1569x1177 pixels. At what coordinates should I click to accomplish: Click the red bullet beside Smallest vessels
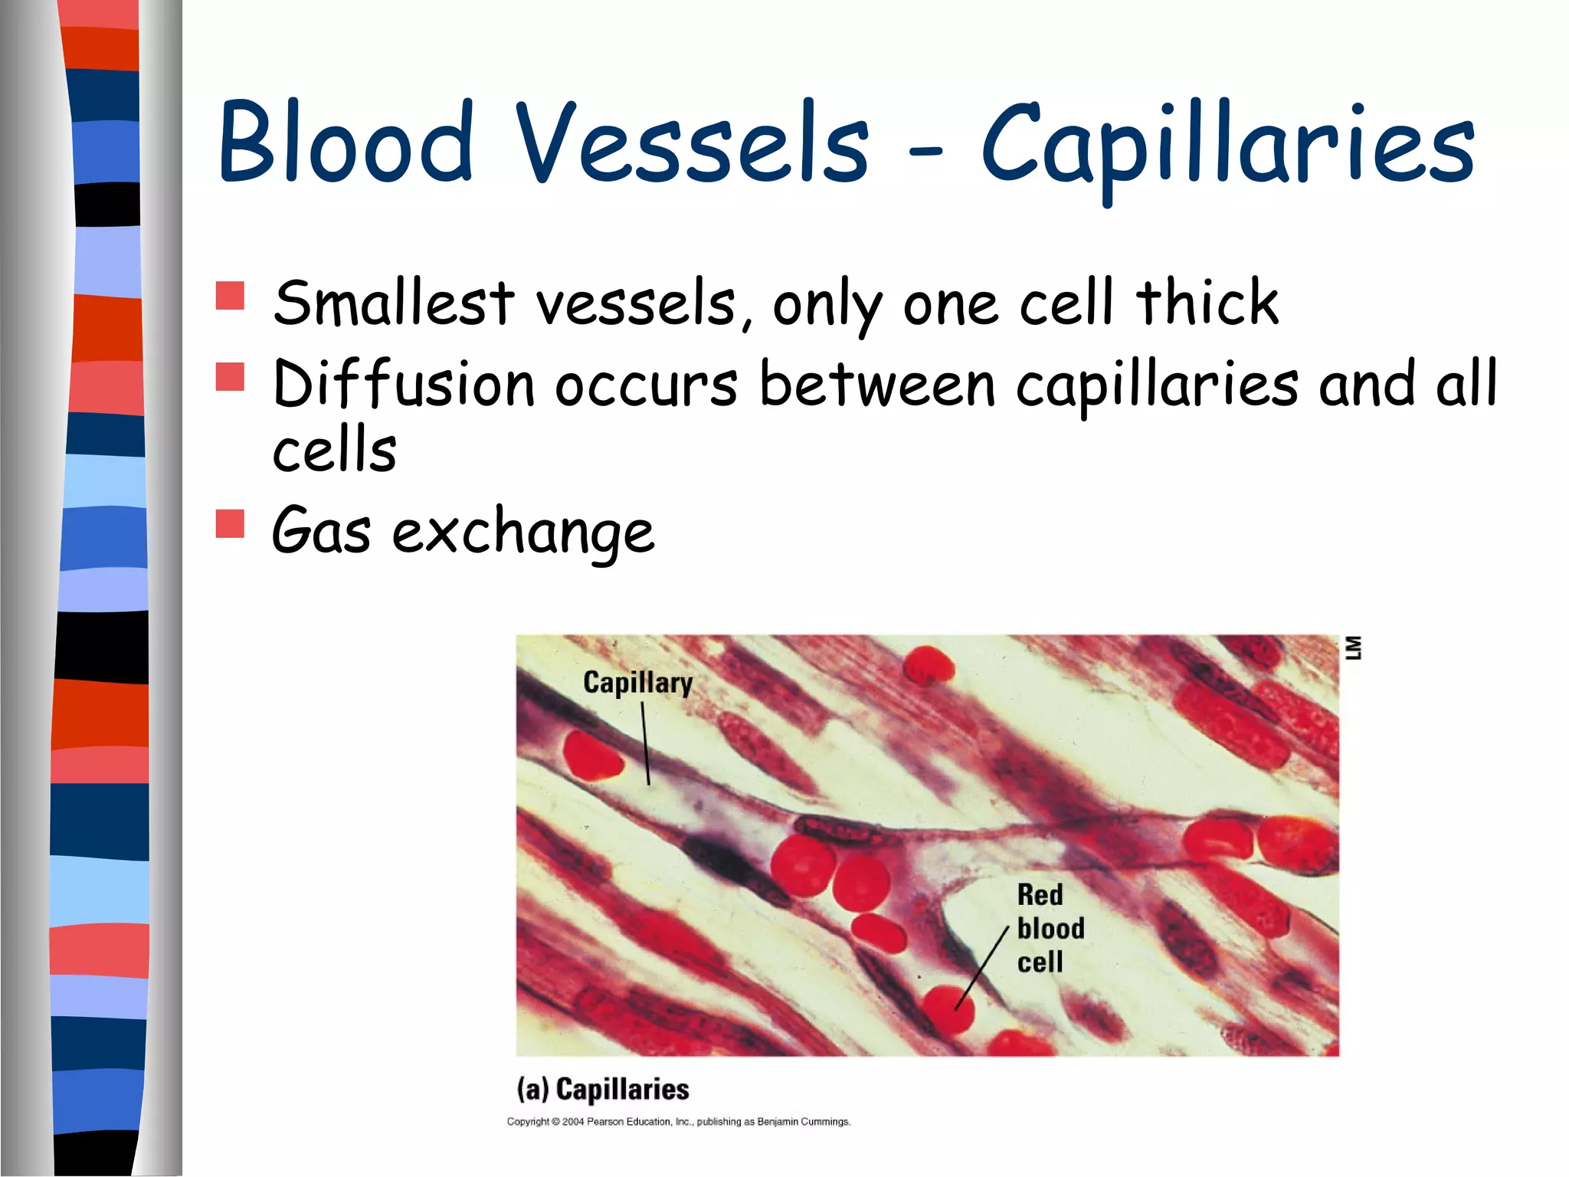click(x=230, y=296)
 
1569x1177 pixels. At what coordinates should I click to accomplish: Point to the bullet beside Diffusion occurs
click(x=230, y=377)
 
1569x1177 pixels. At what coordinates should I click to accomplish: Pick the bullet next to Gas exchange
click(x=230, y=524)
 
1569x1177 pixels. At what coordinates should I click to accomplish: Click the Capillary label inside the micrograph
click(x=637, y=682)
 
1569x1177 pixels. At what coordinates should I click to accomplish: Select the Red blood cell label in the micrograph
click(x=1050, y=928)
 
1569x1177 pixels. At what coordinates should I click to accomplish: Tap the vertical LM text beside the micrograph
click(x=1354, y=648)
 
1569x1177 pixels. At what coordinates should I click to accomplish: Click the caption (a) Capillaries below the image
click(x=603, y=1089)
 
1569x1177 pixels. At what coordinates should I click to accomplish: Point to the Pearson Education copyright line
click(x=679, y=1122)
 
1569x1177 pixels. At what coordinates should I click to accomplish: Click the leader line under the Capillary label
click(x=646, y=743)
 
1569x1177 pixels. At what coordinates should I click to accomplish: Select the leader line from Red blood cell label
click(x=982, y=967)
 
